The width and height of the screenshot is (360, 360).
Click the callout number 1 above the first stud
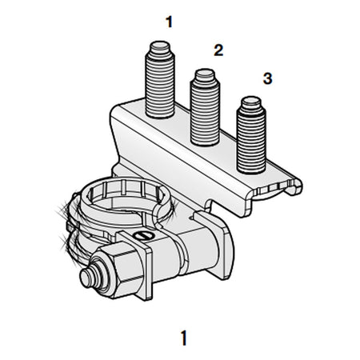coord(169,22)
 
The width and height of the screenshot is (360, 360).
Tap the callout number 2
coord(218,50)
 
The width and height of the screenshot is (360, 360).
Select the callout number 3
coord(266,78)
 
